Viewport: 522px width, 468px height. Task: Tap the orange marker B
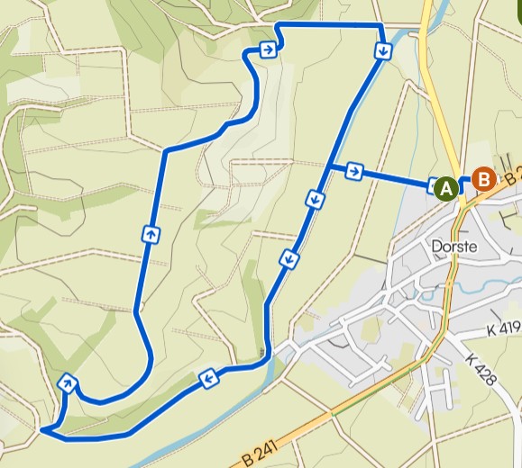coord(484,179)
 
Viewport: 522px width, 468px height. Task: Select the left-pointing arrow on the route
coord(208,378)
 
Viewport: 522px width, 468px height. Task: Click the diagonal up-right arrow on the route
coord(67,383)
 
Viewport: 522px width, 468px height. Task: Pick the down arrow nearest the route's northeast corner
coord(383,51)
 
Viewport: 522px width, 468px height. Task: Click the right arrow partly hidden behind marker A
coord(432,184)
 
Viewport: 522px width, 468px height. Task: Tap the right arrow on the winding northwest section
coord(268,49)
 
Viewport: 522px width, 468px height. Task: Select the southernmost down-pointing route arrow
coord(289,260)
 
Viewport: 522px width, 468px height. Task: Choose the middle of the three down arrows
coord(315,199)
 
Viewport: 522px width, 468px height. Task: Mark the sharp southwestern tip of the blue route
coord(43,431)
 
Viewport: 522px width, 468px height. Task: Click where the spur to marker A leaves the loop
coord(330,165)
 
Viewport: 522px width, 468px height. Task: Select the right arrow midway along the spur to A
coord(355,170)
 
